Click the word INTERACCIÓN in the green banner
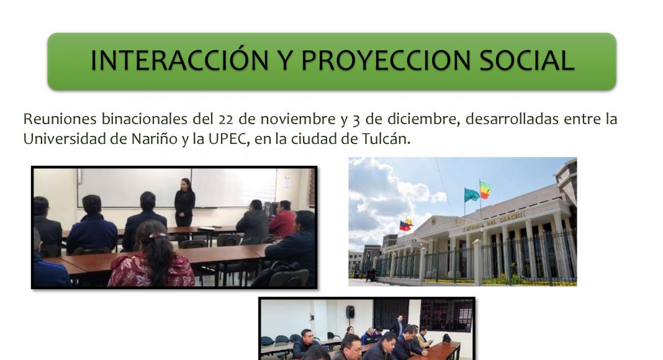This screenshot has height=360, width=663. [x=179, y=60]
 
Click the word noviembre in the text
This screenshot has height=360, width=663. [x=298, y=119]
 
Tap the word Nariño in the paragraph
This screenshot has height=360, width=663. [x=155, y=139]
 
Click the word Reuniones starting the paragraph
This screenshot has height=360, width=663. [x=60, y=119]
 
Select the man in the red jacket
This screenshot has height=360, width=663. [x=282, y=220]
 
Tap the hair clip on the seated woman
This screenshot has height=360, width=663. [x=157, y=235]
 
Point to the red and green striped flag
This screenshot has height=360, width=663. [x=486, y=190]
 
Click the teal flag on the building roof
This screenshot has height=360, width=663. [x=471, y=195]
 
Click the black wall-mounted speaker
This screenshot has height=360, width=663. [x=350, y=312]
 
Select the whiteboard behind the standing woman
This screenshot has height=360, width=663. [x=177, y=187]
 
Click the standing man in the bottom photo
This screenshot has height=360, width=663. [x=398, y=326]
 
